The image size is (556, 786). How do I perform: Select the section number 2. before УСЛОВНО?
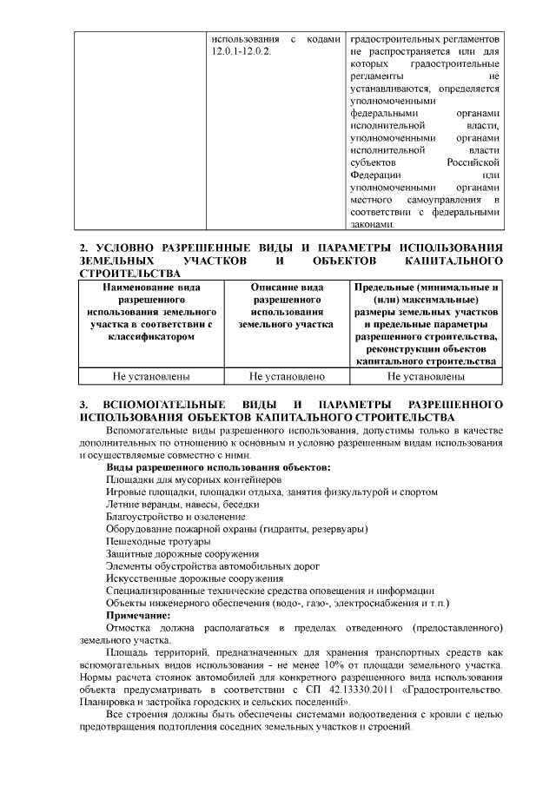[x=83, y=249]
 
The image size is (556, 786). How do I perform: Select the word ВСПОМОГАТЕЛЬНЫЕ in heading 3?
[x=164, y=406]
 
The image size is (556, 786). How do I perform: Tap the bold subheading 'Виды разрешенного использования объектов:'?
[x=218, y=467]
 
